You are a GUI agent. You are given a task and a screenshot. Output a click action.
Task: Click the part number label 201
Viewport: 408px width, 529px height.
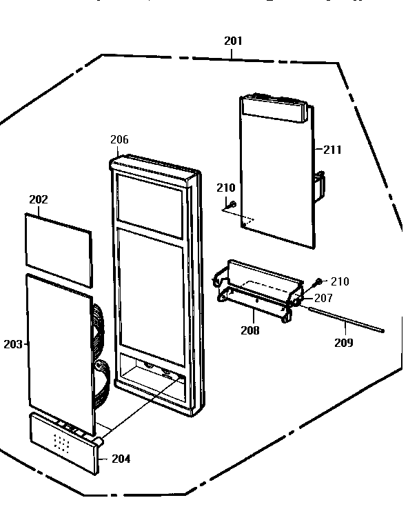click(x=234, y=41)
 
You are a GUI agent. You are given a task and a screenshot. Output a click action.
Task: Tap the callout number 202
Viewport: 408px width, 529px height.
click(x=39, y=199)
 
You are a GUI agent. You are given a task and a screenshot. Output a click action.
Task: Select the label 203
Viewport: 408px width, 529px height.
click(x=13, y=344)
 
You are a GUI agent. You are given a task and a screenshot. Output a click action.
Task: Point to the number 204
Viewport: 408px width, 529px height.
click(x=121, y=459)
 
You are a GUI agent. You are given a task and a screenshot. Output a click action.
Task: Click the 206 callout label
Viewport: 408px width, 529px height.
click(x=119, y=139)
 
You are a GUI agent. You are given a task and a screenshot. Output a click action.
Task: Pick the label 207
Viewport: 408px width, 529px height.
click(x=323, y=298)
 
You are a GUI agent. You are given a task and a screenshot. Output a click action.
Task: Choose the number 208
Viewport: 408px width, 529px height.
click(x=250, y=330)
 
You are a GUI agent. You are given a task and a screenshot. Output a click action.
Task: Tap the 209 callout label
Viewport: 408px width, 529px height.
click(x=344, y=343)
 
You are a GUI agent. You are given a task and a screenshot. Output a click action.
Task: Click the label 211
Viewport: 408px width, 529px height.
click(x=332, y=150)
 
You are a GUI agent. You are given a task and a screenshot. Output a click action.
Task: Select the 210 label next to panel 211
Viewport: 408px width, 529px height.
click(x=226, y=188)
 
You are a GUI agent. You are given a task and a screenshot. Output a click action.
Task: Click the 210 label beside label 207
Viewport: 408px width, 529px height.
click(x=340, y=281)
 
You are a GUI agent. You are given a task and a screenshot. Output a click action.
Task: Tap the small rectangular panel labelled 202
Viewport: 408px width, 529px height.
click(x=59, y=250)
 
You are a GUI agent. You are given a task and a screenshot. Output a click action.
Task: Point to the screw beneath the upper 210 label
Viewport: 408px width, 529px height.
click(x=232, y=204)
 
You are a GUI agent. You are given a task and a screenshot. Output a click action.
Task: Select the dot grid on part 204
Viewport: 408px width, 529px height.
click(x=62, y=443)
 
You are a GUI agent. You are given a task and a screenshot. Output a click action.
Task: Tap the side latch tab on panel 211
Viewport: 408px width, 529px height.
click(x=320, y=186)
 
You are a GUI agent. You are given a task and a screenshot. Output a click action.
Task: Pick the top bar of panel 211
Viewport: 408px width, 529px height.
click(x=274, y=108)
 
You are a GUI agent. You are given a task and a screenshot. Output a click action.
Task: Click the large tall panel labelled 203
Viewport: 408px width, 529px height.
click(x=60, y=354)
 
